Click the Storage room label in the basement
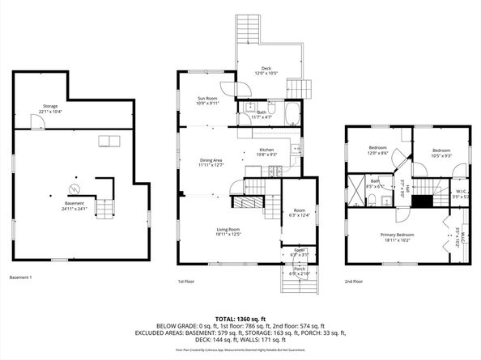[x=52, y=108]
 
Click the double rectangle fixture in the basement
[x=109, y=141]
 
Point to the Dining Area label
[x=211, y=162]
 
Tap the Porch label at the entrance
[x=300, y=272]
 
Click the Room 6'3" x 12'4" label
[x=300, y=214]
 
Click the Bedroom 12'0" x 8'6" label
[x=378, y=150]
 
